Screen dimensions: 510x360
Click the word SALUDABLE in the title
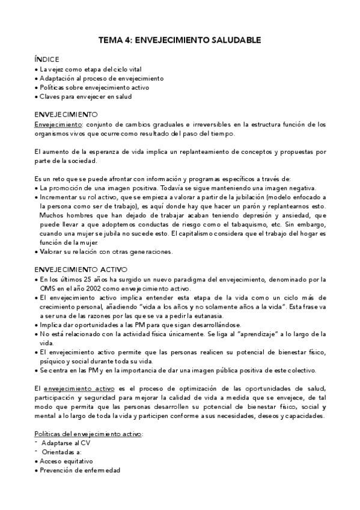click(x=235, y=40)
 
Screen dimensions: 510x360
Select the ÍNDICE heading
click(x=47, y=60)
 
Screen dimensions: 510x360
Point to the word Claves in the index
click(x=50, y=96)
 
